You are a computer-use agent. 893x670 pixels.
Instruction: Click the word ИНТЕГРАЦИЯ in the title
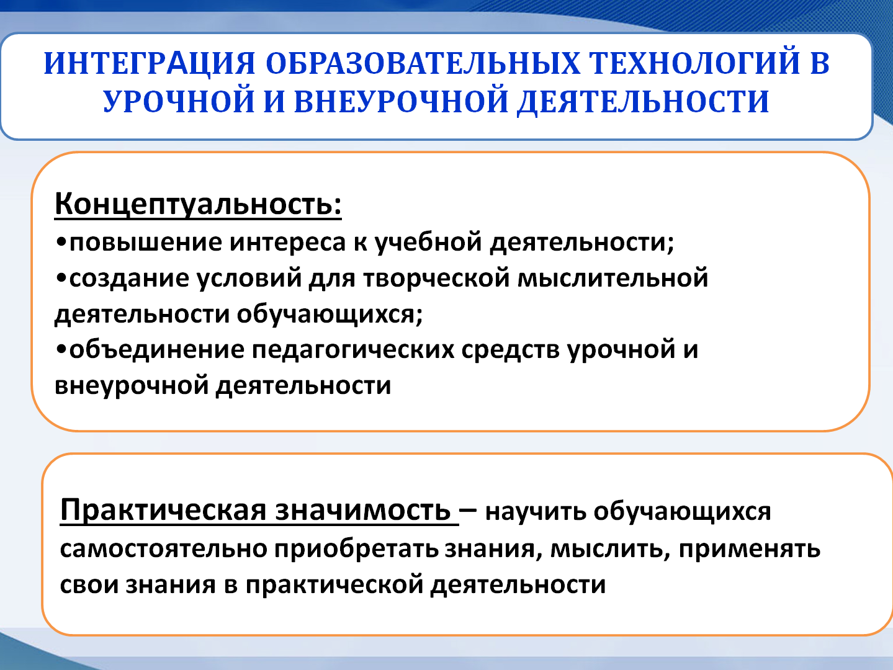pyautogui.click(x=150, y=64)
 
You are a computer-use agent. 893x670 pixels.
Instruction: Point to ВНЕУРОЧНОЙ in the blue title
pyautogui.click(x=401, y=101)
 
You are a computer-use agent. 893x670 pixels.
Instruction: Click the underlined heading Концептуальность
pyautogui.click(x=198, y=203)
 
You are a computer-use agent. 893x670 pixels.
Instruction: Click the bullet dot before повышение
pyautogui.click(x=61, y=243)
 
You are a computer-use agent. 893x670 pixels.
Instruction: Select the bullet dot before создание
pyautogui.click(x=61, y=279)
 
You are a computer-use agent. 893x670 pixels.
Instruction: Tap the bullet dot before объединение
pyautogui.click(x=61, y=350)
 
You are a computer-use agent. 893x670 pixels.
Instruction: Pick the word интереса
pyautogui.click(x=287, y=243)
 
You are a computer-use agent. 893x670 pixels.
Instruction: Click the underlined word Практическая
pyautogui.click(x=163, y=511)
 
